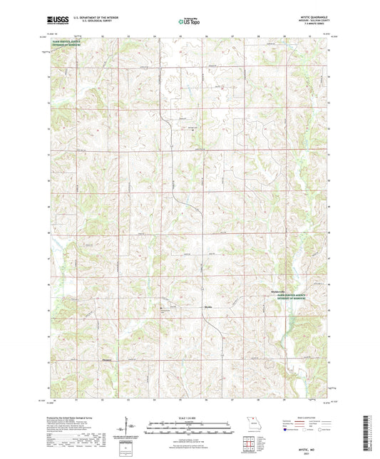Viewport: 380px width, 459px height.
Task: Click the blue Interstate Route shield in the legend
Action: (287, 433)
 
